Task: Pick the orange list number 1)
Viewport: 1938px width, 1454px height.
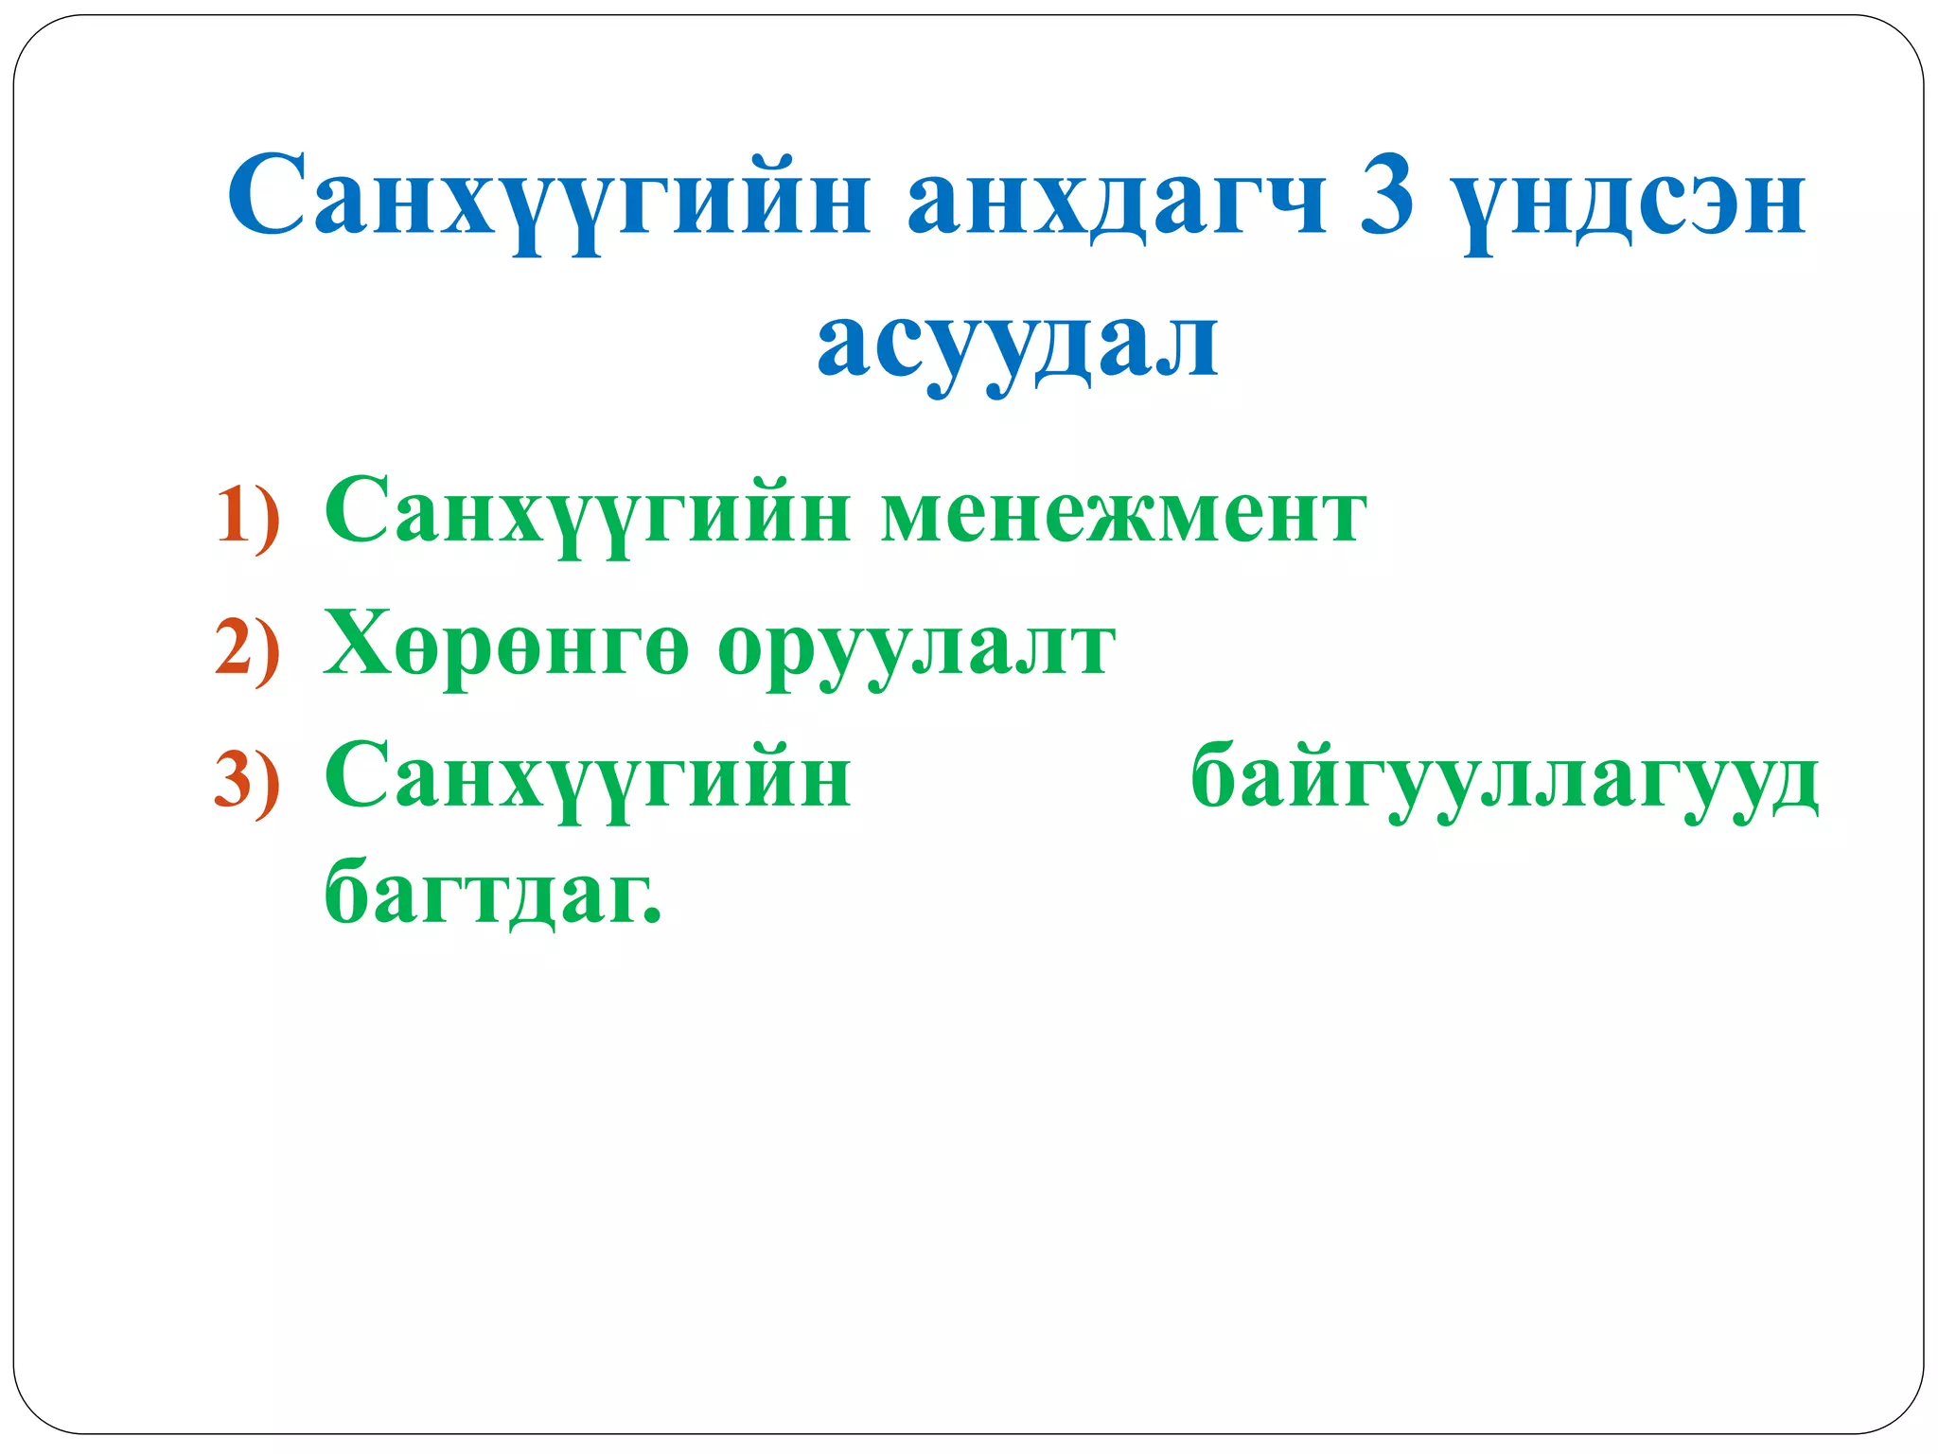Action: pyautogui.click(x=248, y=518)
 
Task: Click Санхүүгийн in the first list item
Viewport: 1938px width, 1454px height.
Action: pyautogui.click(x=587, y=514)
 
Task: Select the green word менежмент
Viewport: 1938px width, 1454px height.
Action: pyautogui.click(x=1123, y=516)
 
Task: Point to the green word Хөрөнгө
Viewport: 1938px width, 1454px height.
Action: pyautogui.click(x=505, y=646)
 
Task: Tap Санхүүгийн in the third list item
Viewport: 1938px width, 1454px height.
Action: pyautogui.click(x=587, y=780)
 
